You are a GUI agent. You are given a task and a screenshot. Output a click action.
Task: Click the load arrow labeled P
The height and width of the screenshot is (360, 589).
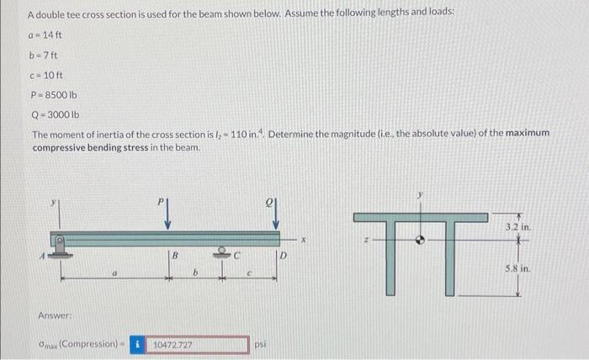click(x=168, y=216)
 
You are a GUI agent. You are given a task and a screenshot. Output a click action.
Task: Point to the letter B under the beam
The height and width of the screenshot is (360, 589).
click(x=175, y=255)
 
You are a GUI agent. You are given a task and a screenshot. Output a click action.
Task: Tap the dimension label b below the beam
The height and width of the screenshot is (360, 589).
click(x=196, y=273)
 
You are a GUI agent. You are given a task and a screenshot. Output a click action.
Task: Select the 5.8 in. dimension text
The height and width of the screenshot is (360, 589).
click(x=516, y=269)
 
